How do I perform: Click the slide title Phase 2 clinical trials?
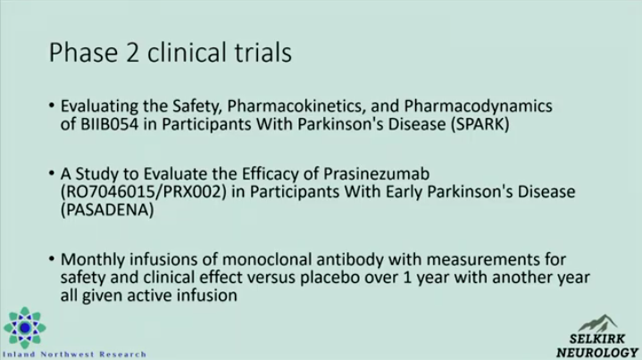pos(171,53)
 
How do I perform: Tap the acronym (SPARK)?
pos(480,124)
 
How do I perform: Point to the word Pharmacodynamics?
pos(479,106)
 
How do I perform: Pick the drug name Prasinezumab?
pos(376,174)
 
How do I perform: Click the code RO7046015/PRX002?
pos(143,192)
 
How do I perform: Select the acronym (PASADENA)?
pos(107,210)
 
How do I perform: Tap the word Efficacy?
pos(270,174)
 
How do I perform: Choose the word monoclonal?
pos(267,260)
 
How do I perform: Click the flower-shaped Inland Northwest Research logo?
pos(25,328)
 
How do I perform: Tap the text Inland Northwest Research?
pos(74,355)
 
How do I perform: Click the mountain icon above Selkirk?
pos(597,323)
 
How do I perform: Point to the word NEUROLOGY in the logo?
pos(597,352)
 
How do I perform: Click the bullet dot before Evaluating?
pos(52,105)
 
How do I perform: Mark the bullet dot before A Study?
pos(52,173)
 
